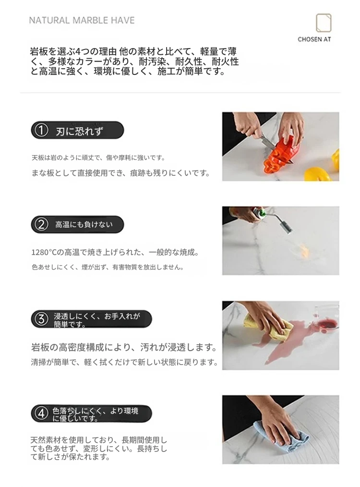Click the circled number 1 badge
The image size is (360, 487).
click(x=41, y=131)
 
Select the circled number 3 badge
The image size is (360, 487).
click(x=41, y=319)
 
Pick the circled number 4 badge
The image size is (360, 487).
click(x=41, y=414)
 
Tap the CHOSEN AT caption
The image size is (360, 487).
click(x=314, y=39)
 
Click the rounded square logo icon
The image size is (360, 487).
click(x=324, y=23)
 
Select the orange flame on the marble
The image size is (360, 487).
click(x=302, y=250)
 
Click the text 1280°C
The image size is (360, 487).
click(x=44, y=253)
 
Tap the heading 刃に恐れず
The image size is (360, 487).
click(x=80, y=132)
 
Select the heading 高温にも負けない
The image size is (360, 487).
click(x=84, y=225)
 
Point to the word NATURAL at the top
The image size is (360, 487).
click(x=49, y=21)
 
